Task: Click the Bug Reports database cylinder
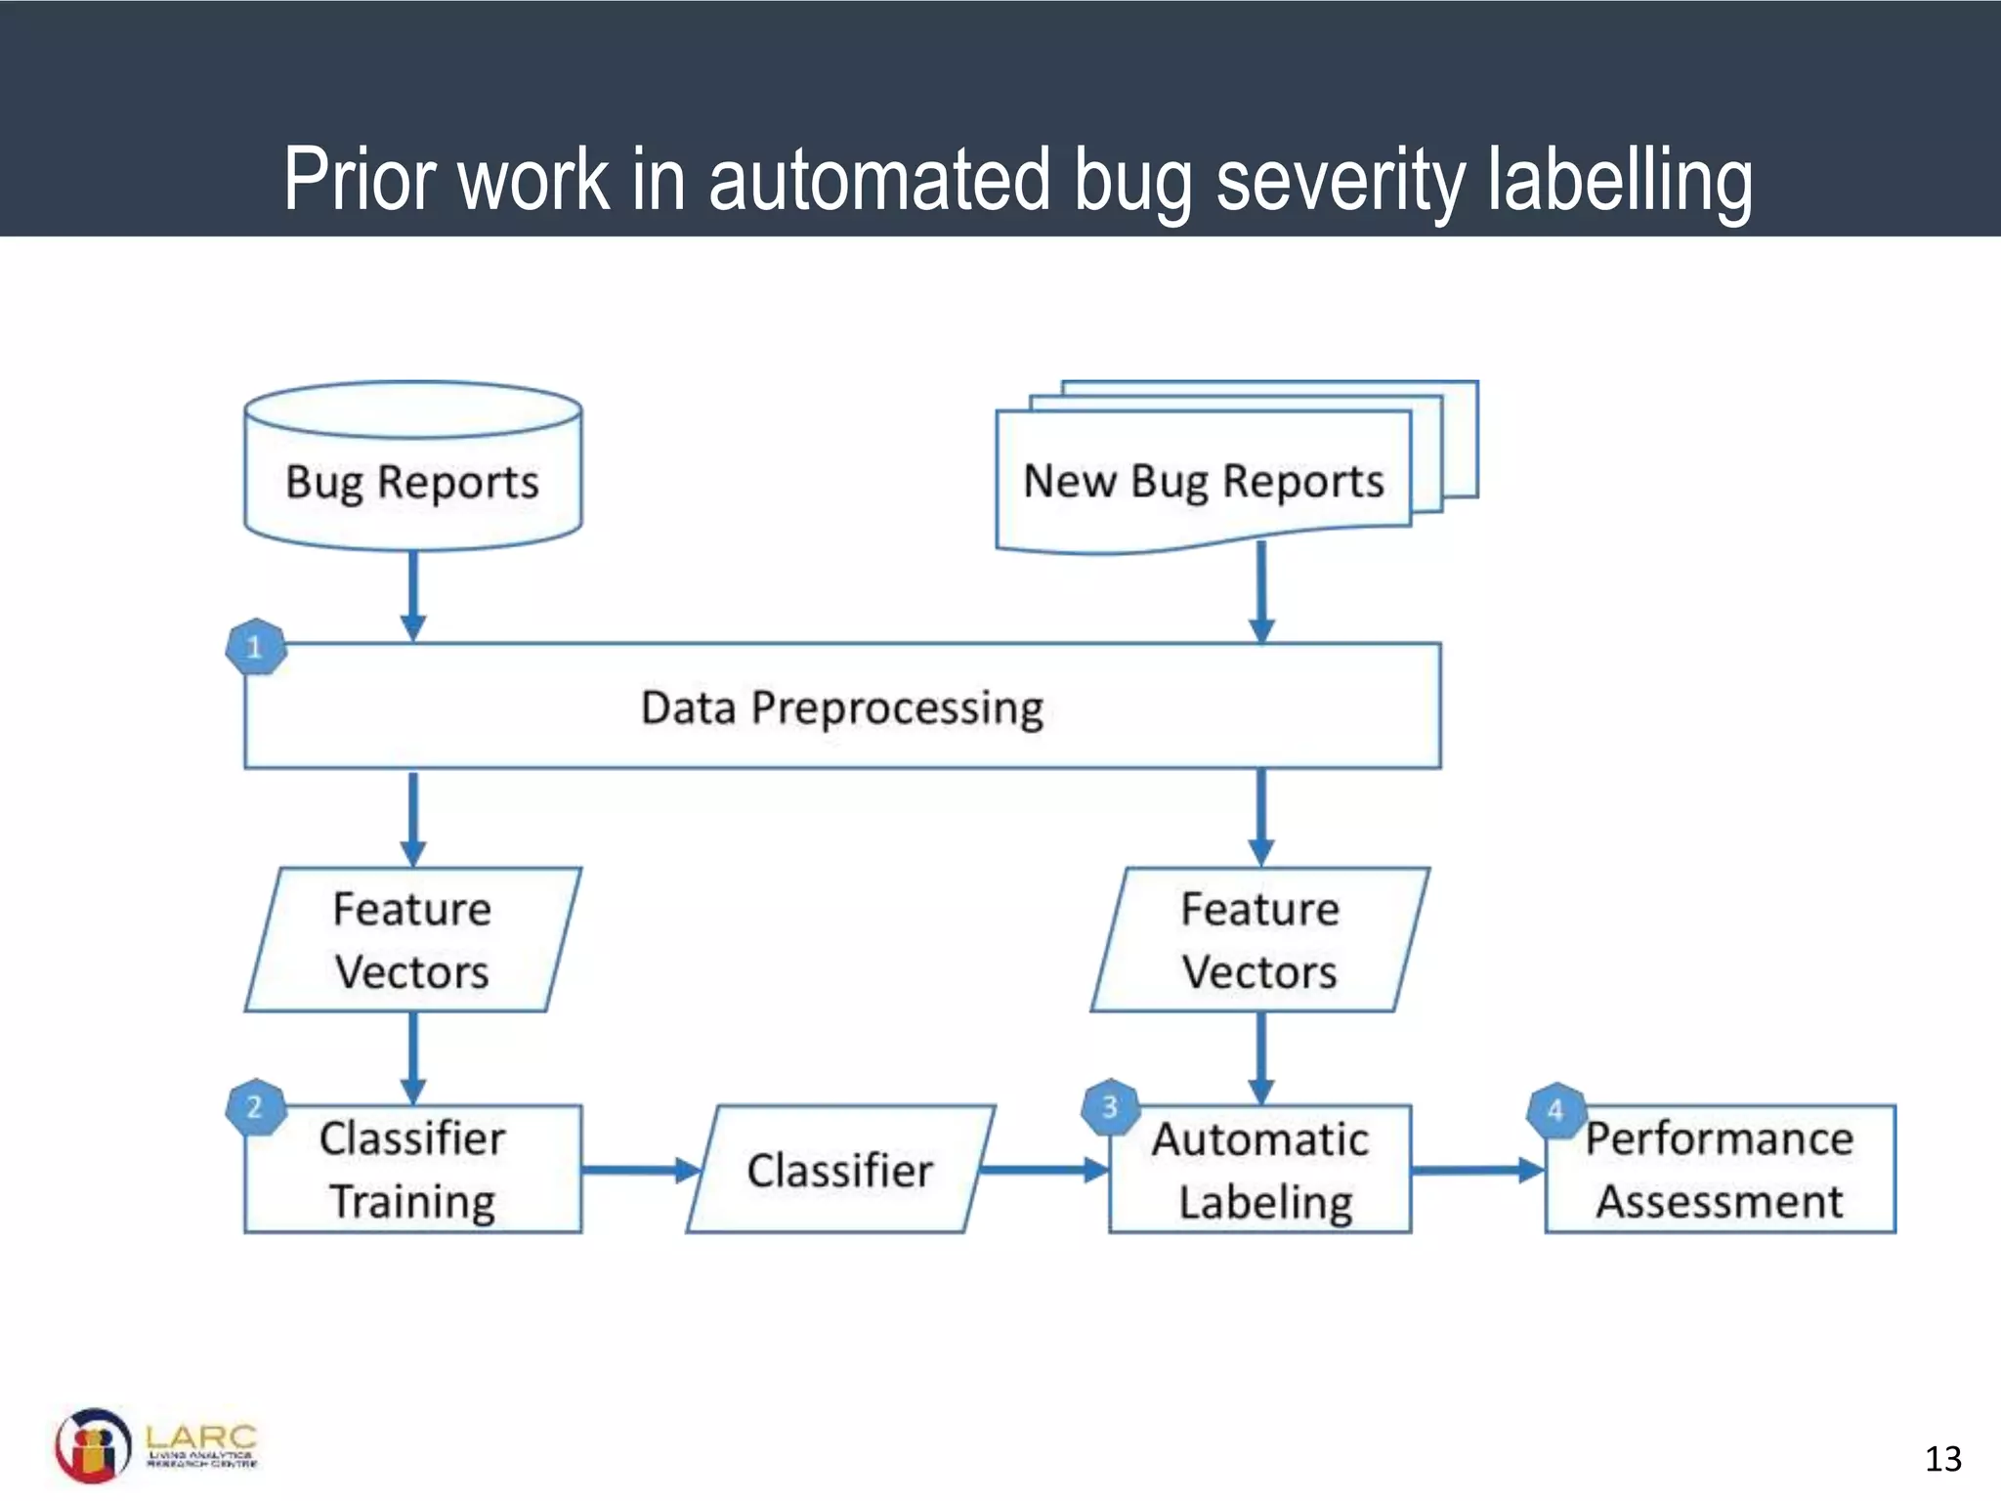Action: [412, 469]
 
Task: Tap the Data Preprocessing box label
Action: [842, 708]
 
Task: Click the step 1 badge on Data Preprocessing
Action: [255, 647]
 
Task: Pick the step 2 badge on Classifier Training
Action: [255, 1107]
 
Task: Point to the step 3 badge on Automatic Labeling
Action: [1110, 1107]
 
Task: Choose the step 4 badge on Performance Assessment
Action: [1555, 1111]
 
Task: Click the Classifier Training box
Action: [412, 1170]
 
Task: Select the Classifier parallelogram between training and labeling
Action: [840, 1170]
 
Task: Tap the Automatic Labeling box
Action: [1260, 1170]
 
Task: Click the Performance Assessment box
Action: [1720, 1170]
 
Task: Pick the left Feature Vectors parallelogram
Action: [412, 940]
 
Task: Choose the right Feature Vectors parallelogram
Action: [1260, 940]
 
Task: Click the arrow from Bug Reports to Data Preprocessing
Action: [413, 596]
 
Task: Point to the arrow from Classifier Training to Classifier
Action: [640, 1170]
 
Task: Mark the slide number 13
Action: [1942, 1459]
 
